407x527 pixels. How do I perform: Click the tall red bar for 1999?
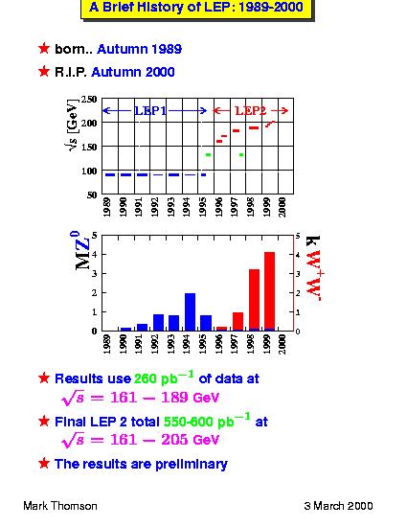pyautogui.click(x=269, y=291)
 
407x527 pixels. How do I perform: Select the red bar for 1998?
pyautogui.click(x=254, y=300)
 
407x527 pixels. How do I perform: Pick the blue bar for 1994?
pyautogui.click(x=190, y=312)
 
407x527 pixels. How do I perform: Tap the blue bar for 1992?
pyautogui.click(x=159, y=323)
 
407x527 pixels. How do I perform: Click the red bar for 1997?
pyautogui.click(x=237, y=322)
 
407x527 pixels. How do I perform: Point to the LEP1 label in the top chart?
pyautogui.click(x=150, y=110)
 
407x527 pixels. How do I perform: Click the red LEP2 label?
pyautogui.click(x=251, y=110)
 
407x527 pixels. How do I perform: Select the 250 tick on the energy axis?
pyautogui.click(x=89, y=100)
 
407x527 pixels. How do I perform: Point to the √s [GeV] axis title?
pyautogui.click(x=72, y=125)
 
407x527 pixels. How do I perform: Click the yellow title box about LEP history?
pyautogui.click(x=196, y=9)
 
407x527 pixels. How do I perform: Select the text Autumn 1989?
pyautogui.click(x=140, y=49)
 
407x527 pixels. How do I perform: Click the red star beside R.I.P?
pyautogui.click(x=44, y=71)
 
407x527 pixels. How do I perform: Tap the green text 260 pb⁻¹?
pyautogui.click(x=164, y=378)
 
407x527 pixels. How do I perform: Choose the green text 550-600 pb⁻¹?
pyautogui.click(x=207, y=421)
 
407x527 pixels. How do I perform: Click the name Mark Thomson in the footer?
pyautogui.click(x=60, y=506)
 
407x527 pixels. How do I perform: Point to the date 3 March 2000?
pyautogui.click(x=338, y=506)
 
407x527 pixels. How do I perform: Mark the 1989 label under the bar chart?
pyautogui.click(x=107, y=344)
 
